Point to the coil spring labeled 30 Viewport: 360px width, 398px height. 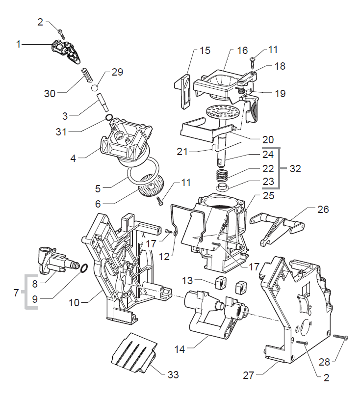(x=86, y=77)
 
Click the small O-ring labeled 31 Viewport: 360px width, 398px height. (x=109, y=118)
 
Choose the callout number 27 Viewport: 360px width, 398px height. (x=249, y=375)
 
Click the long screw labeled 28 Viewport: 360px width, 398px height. (x=340, y=337)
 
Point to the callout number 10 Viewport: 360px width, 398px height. (x=74, y=303)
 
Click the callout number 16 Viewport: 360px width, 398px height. (x=243, y=51)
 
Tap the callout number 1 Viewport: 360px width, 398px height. (x=19, y=45)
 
